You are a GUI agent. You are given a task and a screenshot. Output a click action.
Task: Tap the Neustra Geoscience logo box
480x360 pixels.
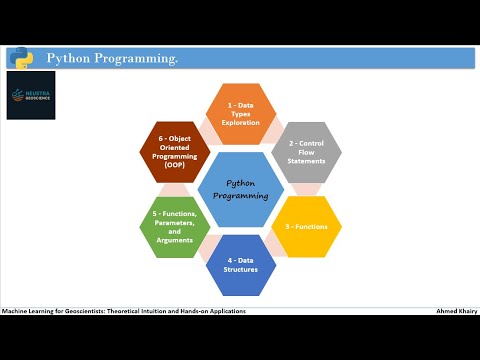click(31, 95)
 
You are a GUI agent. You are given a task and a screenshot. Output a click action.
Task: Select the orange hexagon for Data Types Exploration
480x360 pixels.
click(240, 115)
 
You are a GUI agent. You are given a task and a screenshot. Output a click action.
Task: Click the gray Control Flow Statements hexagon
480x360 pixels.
click(307, 152)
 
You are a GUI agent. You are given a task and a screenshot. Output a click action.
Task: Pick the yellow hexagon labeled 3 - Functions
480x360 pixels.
click(307, 227)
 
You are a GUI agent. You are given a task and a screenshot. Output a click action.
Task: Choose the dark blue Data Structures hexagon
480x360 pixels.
click(240, 265)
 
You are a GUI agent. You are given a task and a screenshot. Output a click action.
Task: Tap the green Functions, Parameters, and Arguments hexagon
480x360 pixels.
click(174, 227)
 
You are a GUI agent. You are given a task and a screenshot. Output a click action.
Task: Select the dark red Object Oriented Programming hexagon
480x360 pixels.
click(174, 152)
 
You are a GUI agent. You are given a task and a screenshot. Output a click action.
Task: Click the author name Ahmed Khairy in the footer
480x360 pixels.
click(456, 311)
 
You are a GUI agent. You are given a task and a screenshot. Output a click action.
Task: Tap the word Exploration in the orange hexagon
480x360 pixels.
click(240, 123)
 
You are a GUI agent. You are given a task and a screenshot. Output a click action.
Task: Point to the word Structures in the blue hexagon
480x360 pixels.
click(240, 270)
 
